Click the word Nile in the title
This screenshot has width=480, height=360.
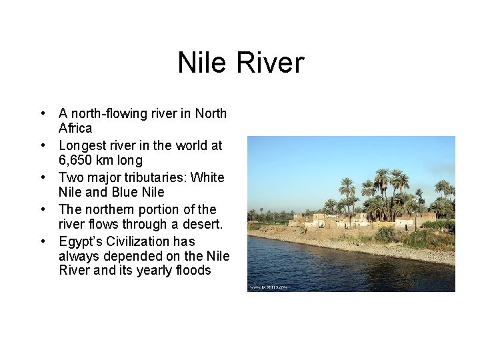201,63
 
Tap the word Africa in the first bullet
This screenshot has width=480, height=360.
75,128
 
